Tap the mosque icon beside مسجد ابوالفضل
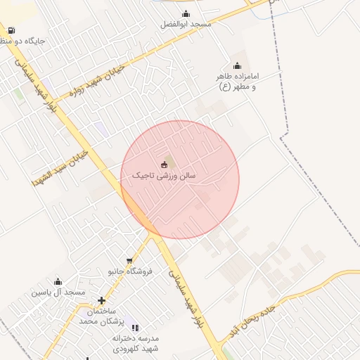[x=186, y=14]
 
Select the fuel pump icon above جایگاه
[x=11, y=30]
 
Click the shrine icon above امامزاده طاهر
[x=236, y=67]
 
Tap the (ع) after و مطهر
[x=225, y=86]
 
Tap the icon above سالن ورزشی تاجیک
[x=165, y=165]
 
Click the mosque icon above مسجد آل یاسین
[x=58, y=281]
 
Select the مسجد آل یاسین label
[x=58, y=292]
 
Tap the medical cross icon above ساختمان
[x=102, y=300]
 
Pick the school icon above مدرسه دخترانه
[x=136, y=328]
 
